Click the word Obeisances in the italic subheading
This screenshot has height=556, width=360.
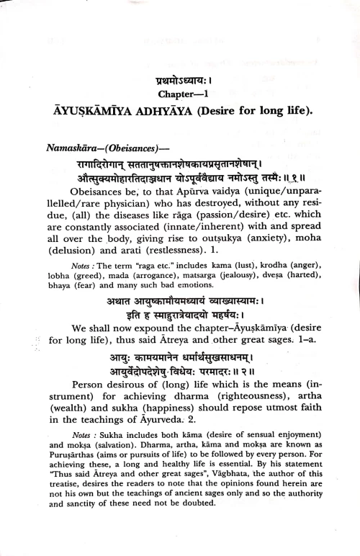[x=132, y=149]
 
